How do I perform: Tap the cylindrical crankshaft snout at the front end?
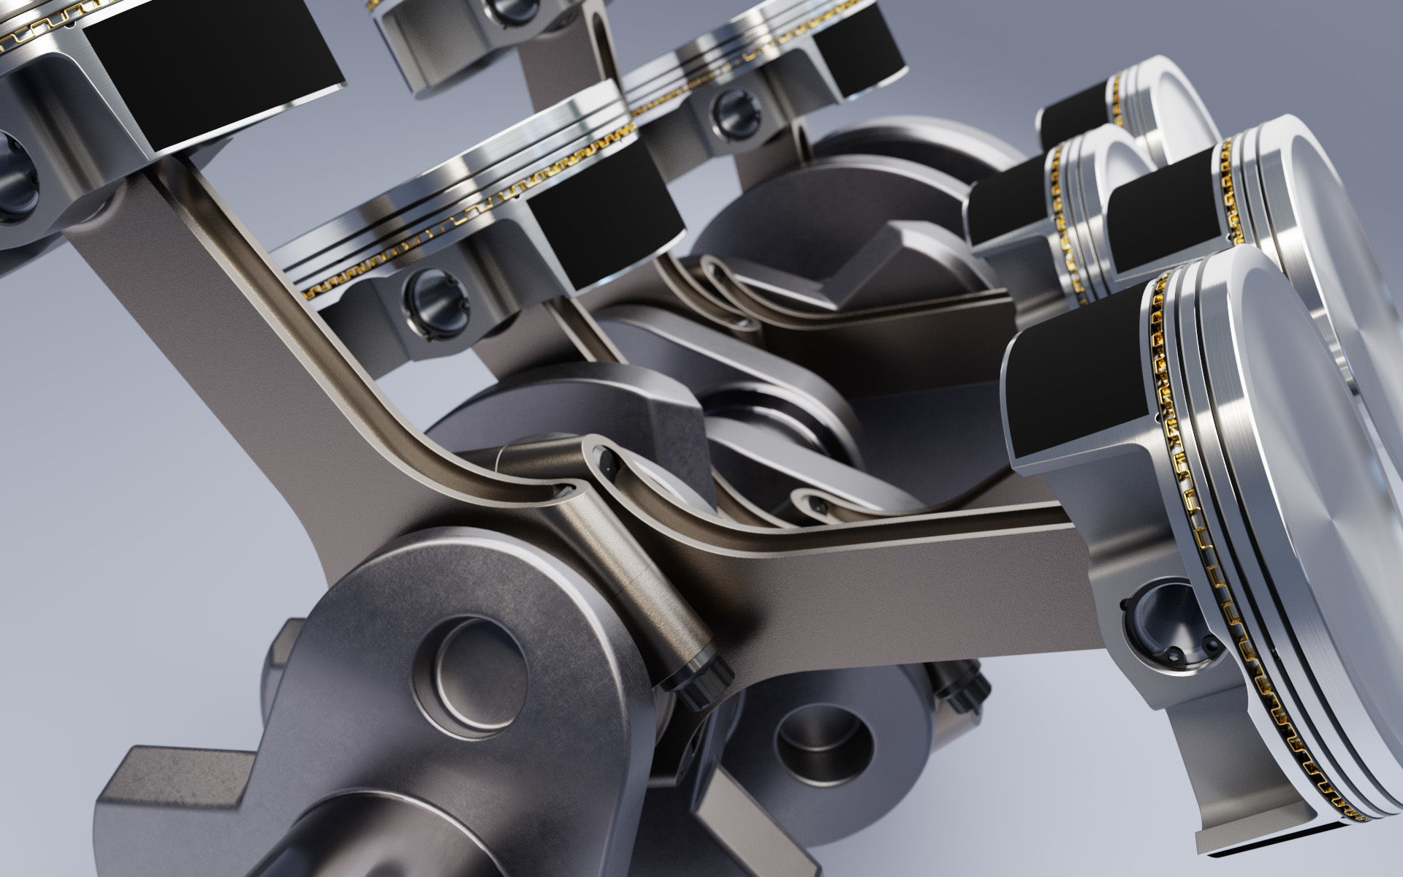pos(343,833)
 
